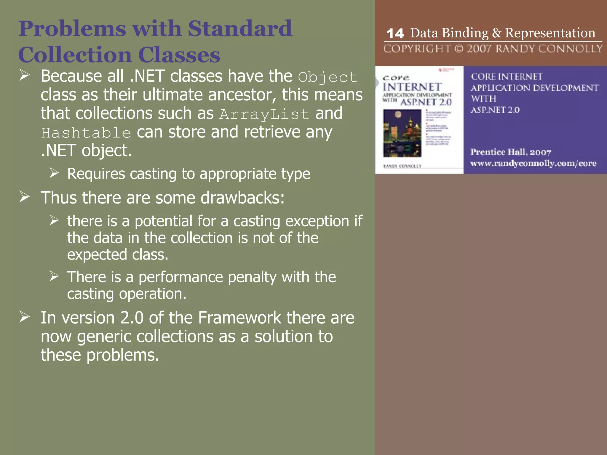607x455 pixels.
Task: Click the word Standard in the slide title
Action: [x=240, y=29]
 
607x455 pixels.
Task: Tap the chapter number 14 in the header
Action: [x=395, y=33]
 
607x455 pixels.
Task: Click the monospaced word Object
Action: [x=328, y=77]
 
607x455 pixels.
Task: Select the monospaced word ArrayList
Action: [x=264, y=114]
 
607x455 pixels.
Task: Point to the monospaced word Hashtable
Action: [x=86, y=133]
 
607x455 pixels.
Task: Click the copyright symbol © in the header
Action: [x=459, y=49]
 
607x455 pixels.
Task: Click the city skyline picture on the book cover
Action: [x=402, y=133]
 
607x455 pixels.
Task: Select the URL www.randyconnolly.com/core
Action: [x=533, y=163]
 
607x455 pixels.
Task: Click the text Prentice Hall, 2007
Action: [x=511, y=152]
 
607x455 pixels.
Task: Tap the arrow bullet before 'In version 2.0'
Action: [x=25, y=317]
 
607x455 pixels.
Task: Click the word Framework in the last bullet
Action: [x=239, y=318]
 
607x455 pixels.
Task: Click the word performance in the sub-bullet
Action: [x=180, y=277]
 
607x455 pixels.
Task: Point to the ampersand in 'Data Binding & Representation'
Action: [x=496, y=33]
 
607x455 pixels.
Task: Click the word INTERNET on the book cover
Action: [x=412, y=87]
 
